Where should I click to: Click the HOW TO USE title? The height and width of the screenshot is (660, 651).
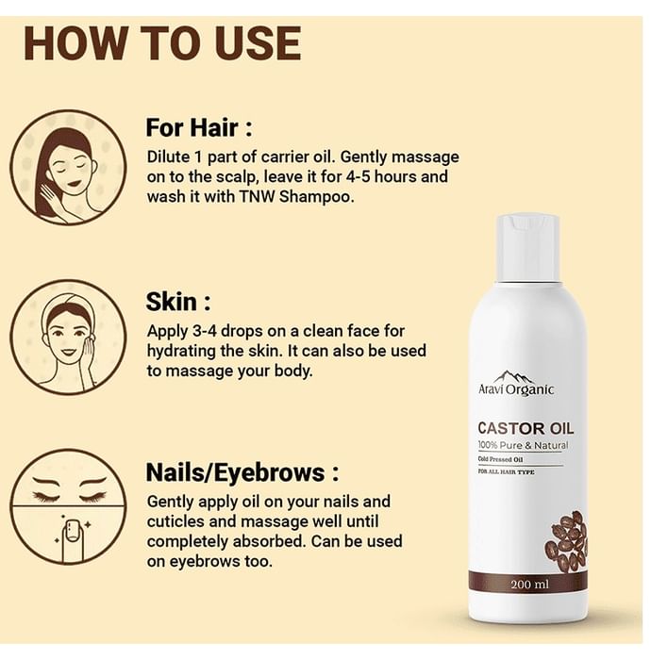pos(161,43)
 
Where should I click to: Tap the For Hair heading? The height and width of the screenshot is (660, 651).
pos(199,127)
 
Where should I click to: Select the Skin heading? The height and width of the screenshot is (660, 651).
pos(178,302)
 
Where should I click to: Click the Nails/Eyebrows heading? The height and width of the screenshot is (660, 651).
pos(242,471)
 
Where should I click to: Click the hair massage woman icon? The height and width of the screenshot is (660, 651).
pos(68,168)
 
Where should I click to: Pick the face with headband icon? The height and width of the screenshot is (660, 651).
pos(68,337)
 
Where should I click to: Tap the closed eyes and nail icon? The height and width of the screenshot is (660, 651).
pos(68,506)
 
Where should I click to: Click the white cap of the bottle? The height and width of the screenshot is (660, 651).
pos(528,246)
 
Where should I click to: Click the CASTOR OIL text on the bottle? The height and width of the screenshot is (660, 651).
pos(526,427)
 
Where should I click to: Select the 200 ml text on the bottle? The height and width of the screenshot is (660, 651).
pos(528,585)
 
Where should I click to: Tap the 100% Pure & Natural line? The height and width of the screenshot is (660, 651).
pos(523,445)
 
